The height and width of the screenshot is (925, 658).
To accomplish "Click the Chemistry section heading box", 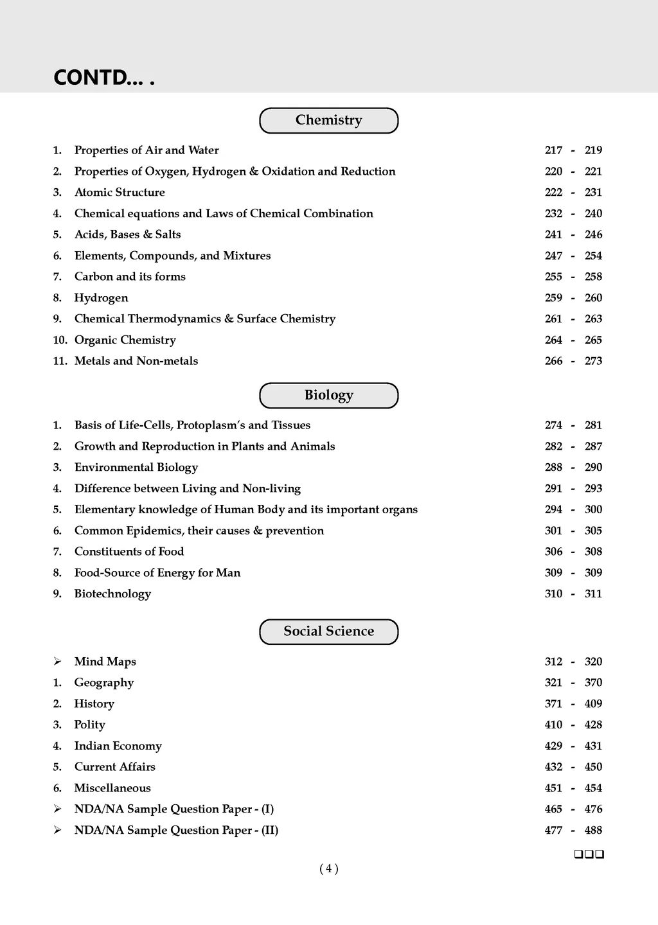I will pos(328,120).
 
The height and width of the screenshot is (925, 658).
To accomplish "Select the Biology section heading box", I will pos(328,395).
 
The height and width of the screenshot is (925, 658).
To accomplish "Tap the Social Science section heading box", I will pos(328,631).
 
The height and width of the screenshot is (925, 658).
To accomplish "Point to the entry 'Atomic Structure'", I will pos(120,192).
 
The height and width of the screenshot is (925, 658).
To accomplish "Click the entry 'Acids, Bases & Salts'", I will pos(127,234).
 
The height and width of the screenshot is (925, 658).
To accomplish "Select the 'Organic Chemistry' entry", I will pos(125,340).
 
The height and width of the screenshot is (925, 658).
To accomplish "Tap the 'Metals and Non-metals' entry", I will pos(136,361).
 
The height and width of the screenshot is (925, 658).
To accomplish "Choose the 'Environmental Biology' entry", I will pos(136,467).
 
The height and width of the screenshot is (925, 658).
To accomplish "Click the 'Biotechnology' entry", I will pos(112,594).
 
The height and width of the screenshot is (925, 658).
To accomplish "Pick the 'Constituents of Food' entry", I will pos(129,551).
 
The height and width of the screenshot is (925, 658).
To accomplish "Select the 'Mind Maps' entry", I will pos(105,662).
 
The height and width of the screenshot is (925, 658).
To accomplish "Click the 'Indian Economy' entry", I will pos(118,746).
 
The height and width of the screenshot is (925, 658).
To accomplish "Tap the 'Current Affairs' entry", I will pos(115,767).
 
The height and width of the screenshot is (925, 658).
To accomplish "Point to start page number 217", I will pos(553,150).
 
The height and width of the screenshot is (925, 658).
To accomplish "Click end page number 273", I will pos(593,361).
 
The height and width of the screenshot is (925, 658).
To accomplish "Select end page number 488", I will pos(593,830).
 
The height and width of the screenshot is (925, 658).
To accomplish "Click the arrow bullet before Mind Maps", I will pos(57,662).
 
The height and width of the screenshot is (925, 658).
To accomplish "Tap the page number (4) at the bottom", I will pos(328,868).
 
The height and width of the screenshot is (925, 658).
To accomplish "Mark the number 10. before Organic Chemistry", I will pos(60,340).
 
